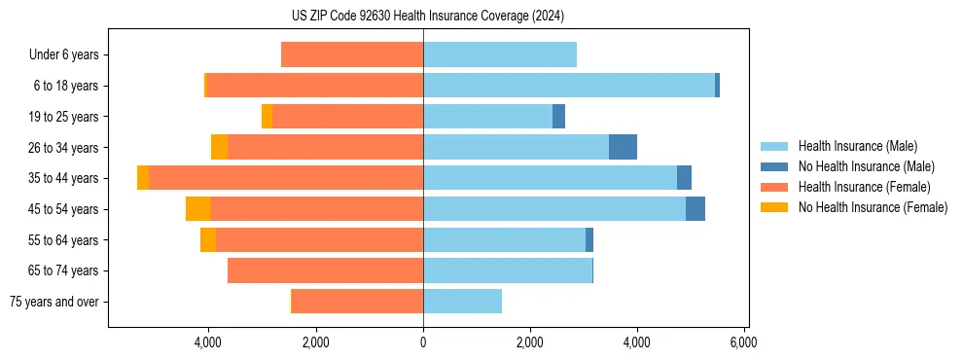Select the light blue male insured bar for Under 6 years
tap(499, 54)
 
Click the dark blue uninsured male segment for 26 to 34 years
tap(623, 147)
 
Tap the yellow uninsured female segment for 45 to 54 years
tap(198, 208)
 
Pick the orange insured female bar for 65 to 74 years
tap(325, 270)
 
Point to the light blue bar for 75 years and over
tap(462, 302)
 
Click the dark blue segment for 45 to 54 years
tap(695, 208)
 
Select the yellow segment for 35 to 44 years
tap(143, 178)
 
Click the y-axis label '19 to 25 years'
tap(64, 117)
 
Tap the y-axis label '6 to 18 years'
tap(66, 86)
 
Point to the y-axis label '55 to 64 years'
tap(64, 239)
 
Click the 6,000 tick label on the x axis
tap(743, 342)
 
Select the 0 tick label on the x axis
tap(423, 342)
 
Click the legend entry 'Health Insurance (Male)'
tap(857, 146)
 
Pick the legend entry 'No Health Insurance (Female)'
tap(873, 207)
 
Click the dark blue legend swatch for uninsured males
tap(773, 166)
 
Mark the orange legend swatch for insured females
tap(773, 187)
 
